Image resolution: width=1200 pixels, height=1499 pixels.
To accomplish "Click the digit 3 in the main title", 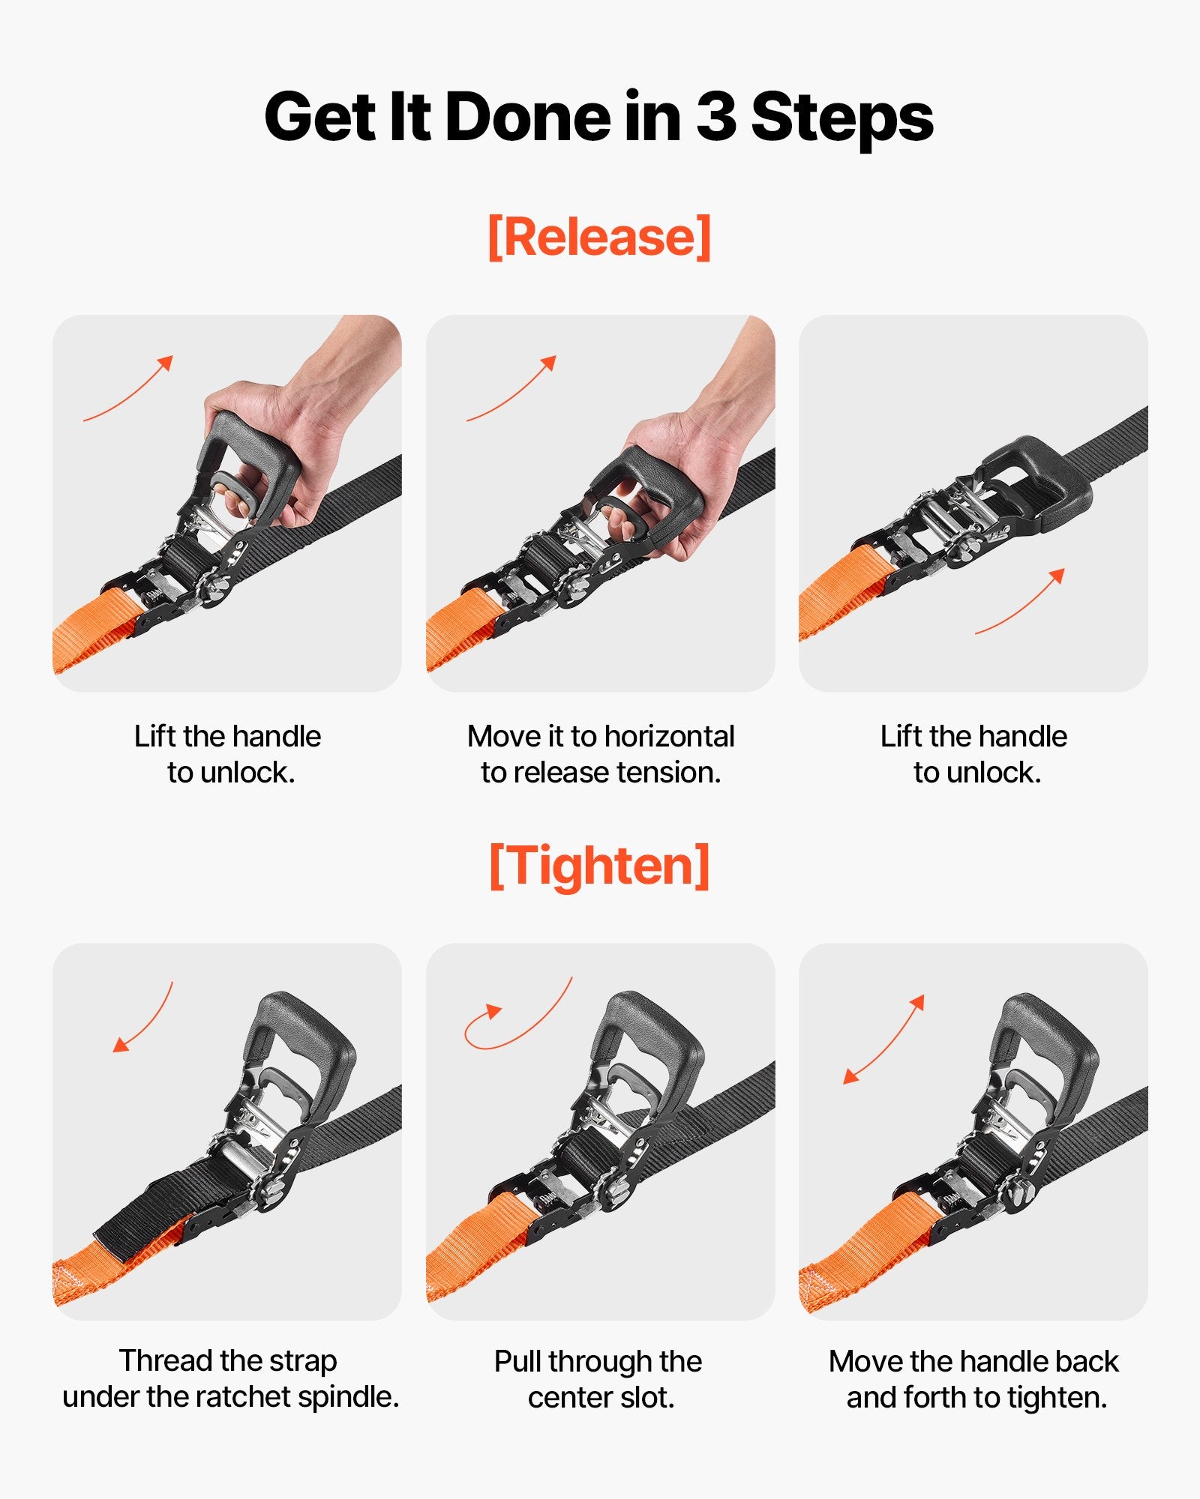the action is pyautogui.click(x=716, y=116).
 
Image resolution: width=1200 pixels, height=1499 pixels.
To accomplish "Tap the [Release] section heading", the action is pyautogui.click(x=599, y=237).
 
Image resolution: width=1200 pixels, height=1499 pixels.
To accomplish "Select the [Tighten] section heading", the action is pyautogui.click(x=599, y=866).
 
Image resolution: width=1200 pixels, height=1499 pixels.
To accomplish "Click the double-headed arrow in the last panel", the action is pyautogui.click(x=883, y=1040).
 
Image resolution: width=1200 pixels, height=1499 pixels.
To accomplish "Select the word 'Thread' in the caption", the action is pyautogui.click(x=166, y=1360).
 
